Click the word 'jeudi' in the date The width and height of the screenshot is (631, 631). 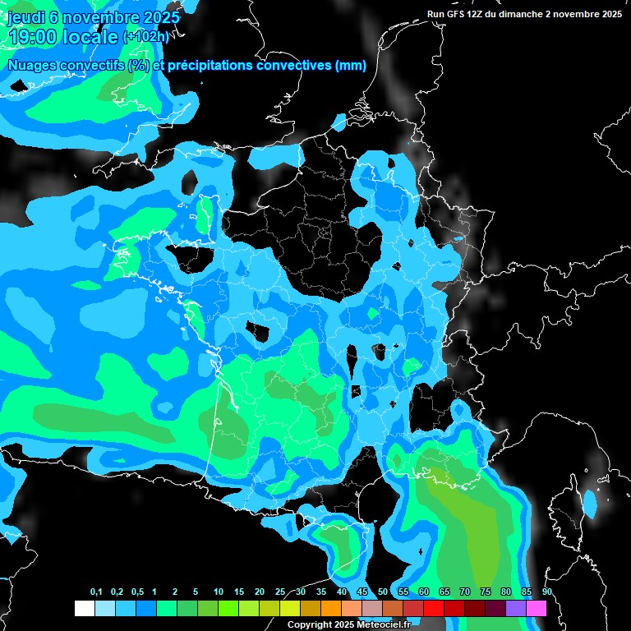[26, 17]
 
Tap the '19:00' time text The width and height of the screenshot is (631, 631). [31, 38]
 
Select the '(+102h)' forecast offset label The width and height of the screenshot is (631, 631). [146, 37]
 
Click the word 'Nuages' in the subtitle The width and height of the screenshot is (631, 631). [31, 66]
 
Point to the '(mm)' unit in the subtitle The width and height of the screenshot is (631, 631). [351, 66]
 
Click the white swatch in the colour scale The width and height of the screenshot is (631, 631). [84, 608]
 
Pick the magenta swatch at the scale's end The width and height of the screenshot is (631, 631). [537, 608]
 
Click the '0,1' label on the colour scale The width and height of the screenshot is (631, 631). [96, 592]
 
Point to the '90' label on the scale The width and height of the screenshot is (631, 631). [546, 592]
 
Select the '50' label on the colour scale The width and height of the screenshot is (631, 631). [383, 592]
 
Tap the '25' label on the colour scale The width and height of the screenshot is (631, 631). [280, 592]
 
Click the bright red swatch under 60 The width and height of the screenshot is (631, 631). [434, 608]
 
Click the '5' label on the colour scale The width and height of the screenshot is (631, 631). [196, 592]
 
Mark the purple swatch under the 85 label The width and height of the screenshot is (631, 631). [516, 608]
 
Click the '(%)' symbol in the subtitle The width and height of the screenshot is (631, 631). [138, 66]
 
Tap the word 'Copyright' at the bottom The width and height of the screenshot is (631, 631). [309, 625]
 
